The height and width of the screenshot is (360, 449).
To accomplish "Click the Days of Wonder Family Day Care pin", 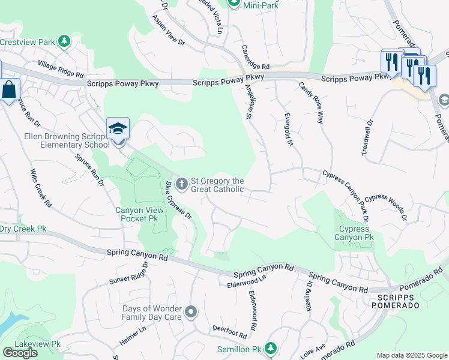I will pos(191,311).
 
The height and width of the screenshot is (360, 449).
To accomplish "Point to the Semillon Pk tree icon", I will pos(271,348).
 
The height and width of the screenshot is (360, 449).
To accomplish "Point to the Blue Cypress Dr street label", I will pos(178,200).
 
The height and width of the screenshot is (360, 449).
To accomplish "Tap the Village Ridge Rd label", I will pos(60,68).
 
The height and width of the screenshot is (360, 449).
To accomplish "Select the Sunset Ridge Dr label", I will pos(129,275).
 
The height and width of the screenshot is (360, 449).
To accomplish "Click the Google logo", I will pos(20,353).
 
